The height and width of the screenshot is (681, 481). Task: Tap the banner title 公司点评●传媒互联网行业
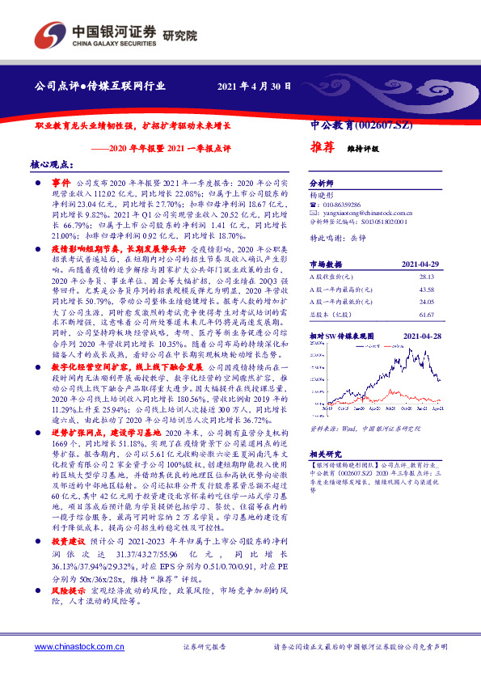coord(100,85)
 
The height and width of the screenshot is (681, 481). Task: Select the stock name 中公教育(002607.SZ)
coord(361,126)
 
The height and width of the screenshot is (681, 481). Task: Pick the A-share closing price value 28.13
coord(425,277)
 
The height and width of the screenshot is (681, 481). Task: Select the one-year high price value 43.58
coord(425,289)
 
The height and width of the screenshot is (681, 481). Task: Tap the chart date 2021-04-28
coord(420,333)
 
